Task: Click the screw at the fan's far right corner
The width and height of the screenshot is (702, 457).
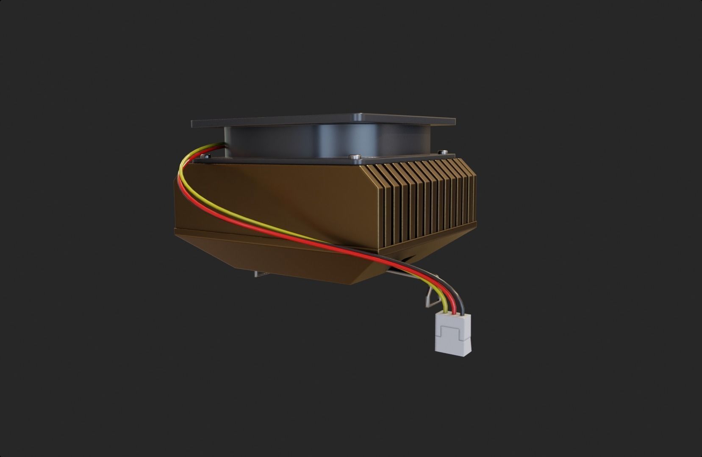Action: click(443, 151)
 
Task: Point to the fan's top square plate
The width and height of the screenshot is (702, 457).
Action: click(322, 119)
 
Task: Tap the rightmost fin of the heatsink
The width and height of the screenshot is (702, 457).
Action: click(473, 191)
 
